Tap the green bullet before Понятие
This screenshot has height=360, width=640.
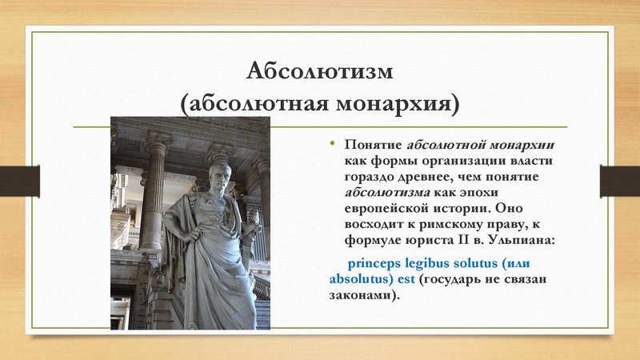(x=335, y=144)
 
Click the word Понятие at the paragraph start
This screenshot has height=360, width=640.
(x=374, y=146)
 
